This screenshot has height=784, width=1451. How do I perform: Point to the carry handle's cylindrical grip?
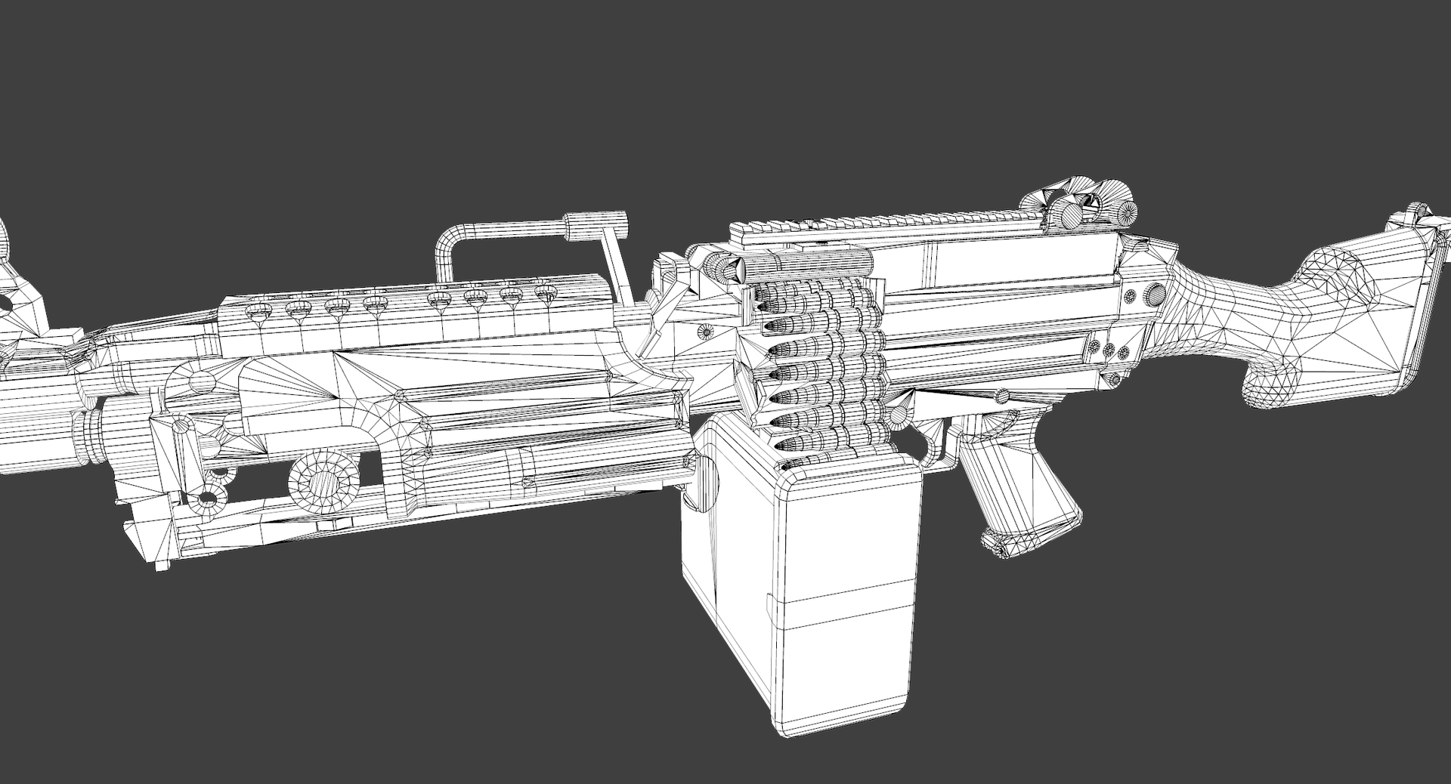[597, 224]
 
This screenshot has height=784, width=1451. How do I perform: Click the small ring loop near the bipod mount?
[206, 499]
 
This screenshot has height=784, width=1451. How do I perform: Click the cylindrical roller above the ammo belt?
[805, 264]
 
